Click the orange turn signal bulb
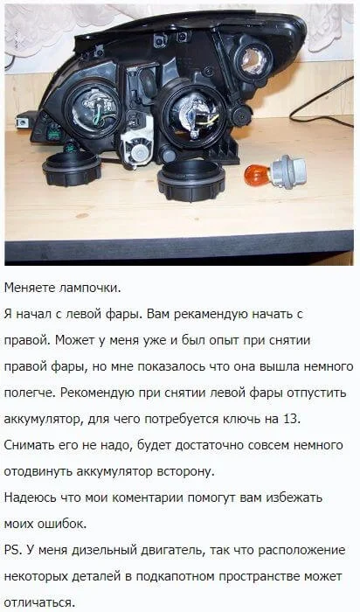click(255, 175)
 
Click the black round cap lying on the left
click(72, 168)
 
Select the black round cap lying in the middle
click(191, 180)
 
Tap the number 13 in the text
click(290, 419)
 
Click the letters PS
click(13, 550)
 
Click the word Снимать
click(26, 445)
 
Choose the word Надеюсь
click(26, 498)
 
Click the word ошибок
click(61, 525)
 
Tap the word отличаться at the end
click(39, 602)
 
